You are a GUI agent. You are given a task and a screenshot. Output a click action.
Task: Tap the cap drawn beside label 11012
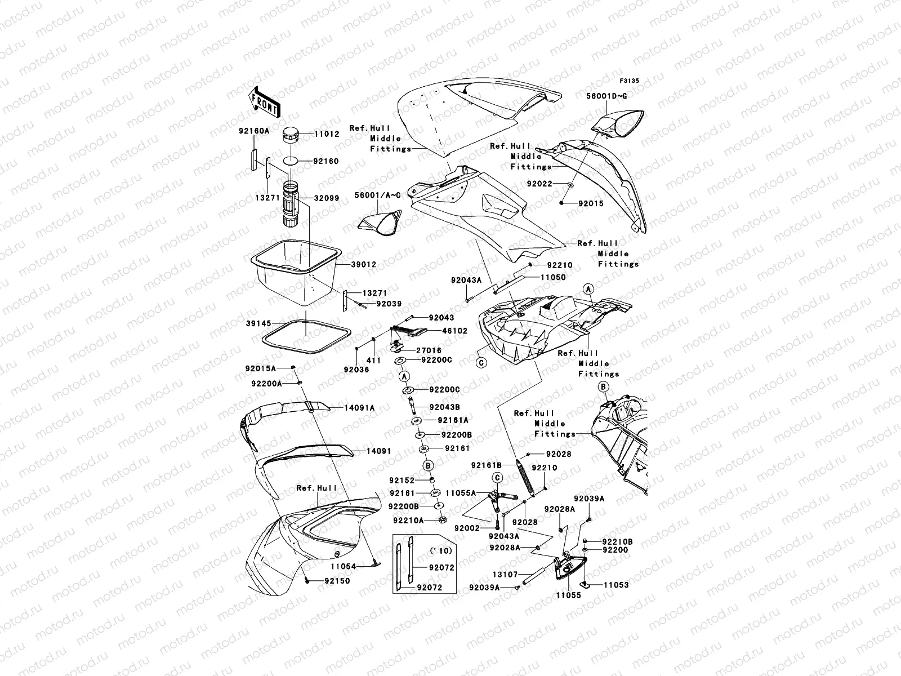point(292,136)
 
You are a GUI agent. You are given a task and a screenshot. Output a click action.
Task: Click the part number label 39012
point(364,264)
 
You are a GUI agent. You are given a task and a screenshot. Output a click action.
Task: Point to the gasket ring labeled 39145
point(305,337)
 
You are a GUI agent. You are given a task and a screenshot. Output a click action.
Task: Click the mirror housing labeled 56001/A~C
point(380,224)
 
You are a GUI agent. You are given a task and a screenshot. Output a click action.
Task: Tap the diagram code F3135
point(630,81)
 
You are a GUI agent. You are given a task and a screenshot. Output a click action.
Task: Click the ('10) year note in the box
point(436,549)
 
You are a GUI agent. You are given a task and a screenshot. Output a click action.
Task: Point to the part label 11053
point(617,585)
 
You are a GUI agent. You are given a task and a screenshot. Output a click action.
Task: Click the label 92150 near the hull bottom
point(337,581)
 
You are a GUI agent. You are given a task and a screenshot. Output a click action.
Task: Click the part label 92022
point(539,184)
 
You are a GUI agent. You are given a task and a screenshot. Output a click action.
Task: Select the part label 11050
point(553,277)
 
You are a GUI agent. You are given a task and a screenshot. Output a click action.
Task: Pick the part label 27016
point(429,350)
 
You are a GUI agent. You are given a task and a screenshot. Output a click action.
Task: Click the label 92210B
point(617,541)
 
